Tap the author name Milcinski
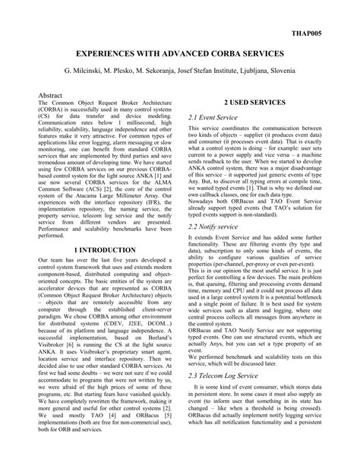(93, 72)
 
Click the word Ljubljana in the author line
(249, 72)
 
